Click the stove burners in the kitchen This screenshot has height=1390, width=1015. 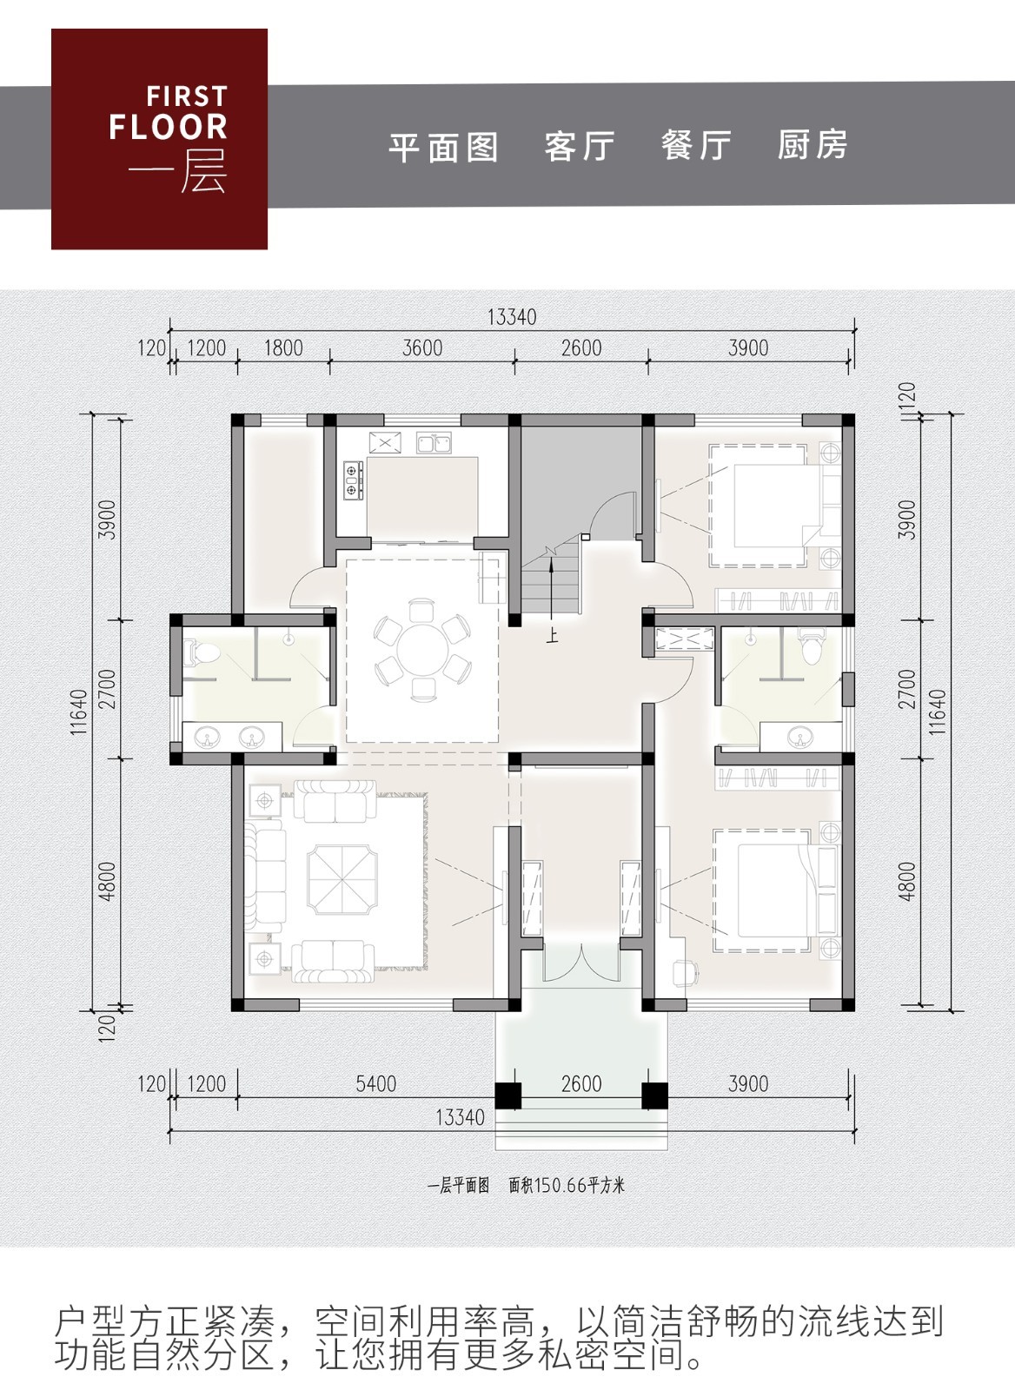352,480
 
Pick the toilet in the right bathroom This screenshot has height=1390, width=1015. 811,649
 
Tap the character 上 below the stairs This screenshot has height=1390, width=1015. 552,635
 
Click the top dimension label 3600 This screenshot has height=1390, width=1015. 422,348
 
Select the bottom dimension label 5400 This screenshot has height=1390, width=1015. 375,1083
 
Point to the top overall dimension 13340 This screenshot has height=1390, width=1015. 511,317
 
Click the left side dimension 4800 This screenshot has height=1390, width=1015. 107,880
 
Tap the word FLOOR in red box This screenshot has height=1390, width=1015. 169,127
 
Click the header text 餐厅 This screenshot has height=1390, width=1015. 695,145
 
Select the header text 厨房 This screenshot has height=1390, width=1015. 812,145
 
